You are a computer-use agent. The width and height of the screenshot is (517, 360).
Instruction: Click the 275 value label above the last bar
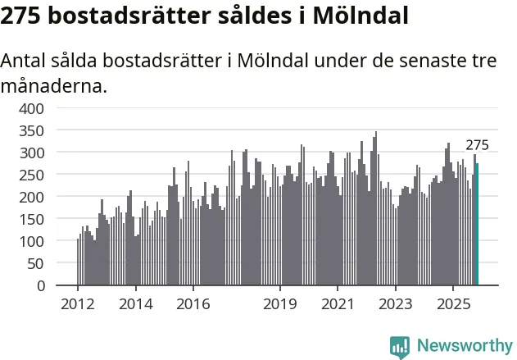[x=477, y=145]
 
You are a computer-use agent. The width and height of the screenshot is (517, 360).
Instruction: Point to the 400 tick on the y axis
[x=33, y=108]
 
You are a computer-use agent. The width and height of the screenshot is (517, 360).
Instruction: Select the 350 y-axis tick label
[x=33, y=130]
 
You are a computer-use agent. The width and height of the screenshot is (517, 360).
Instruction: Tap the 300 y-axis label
[x=33, y=153]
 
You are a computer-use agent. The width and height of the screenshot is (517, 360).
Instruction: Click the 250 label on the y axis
[x=33, y=175]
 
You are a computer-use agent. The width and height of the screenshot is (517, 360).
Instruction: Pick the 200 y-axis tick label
[x=33, y=197]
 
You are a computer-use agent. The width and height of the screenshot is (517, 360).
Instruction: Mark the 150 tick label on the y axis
[x=33, y=219]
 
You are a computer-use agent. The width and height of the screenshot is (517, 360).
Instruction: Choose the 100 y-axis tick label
[x=33, y=241]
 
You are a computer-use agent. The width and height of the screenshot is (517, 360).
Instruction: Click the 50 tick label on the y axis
[x=37, y=263]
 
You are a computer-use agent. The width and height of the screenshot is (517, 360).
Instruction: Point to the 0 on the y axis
[x=41, y=285]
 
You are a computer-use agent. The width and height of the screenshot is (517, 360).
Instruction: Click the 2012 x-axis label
[x=78, y=304]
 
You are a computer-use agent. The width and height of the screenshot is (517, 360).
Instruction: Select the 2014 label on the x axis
[x=135, y=304]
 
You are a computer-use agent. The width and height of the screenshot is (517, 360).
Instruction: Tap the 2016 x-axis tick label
[x=193, y=304]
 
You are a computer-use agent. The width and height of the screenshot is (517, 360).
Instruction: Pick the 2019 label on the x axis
[x=279, y=304]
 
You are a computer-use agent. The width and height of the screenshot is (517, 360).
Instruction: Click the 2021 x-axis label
[x=337, y=304]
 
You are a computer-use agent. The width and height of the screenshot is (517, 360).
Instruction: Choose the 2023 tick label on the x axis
[x=395, y=304]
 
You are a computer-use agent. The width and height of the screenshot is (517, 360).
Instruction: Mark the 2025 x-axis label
[x=452, y=304]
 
